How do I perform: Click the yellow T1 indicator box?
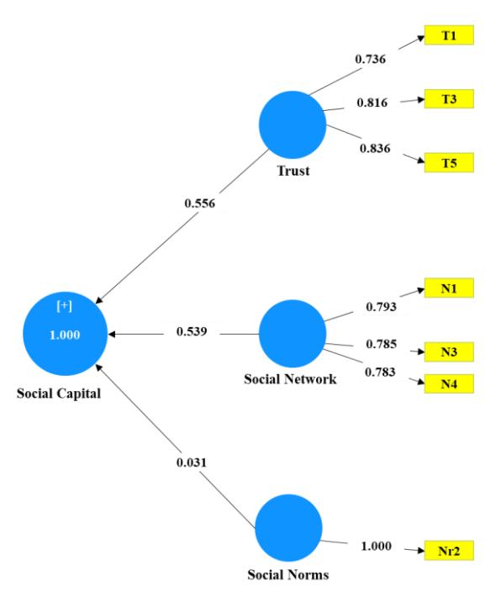[x=449, y=35]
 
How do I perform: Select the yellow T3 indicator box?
[x=449, y=99]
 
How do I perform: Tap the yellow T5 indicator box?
[x=449, y=163]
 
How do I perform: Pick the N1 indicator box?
[x=449, y=288]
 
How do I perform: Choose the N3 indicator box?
[x=449, y=351]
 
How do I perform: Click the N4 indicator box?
[x=449, y=384]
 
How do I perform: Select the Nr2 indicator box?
[x=449, y=551]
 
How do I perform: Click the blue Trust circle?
[x=293, y=124]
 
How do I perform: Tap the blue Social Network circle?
[x=293, y=333]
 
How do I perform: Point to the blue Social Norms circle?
[x=288, y=528]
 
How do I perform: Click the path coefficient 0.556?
[x=200, y=203]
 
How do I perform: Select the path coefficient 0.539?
[x=192, y=331]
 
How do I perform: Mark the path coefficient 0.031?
[x=192, y=462]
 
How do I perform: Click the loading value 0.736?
[x=370, y=59]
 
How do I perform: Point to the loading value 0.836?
[x=375, y=148]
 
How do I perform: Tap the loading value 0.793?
[x=382, y=307]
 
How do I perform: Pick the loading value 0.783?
[x=380, y=373]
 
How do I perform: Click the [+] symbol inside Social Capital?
[x=64, y=306]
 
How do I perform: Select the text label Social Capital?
[x=59, y=394]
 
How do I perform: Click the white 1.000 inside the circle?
[x=65, y=335]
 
